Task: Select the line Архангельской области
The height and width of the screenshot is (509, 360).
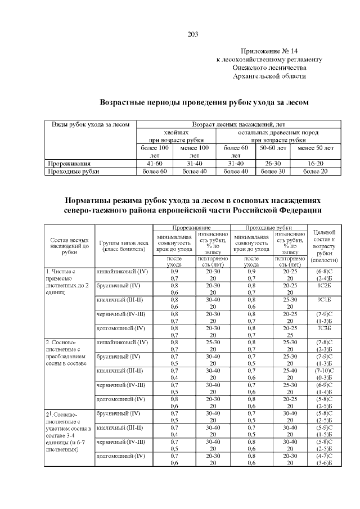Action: tap(269, 76)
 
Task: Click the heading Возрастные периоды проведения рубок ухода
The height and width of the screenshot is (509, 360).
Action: tap(204, 102)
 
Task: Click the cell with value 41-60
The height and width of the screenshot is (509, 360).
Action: tap(155, 163)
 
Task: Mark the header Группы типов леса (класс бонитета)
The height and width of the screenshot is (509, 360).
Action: tap(123, 245)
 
